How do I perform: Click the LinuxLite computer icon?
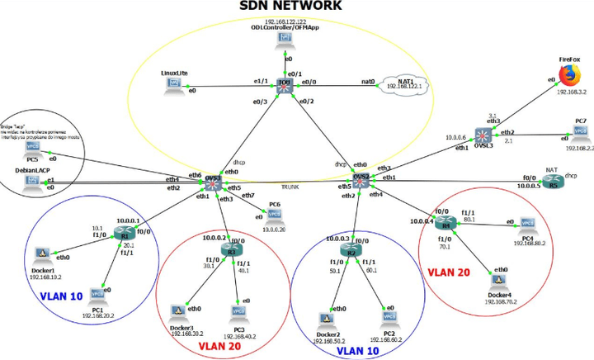(x=174, y=83)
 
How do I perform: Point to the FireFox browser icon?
(x=569, y=75)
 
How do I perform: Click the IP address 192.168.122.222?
(x=285, y=21)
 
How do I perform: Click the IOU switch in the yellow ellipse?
(x=285, y=84)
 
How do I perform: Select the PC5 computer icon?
(x=33, y=147)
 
